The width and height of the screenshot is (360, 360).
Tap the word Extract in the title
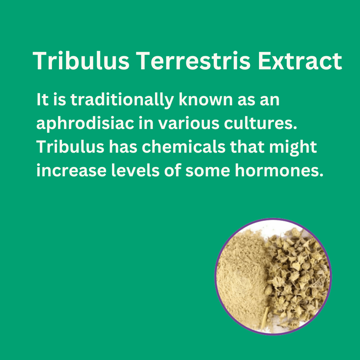[x=300, y=61]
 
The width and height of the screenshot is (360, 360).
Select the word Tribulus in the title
[x=81, y=61]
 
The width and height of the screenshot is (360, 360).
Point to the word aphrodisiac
[x=85, y=124]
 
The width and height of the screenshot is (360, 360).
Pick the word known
[x=206, y=100]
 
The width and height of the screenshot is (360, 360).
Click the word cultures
[x=261, y=123]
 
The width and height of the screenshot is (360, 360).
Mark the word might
[x=293, y=148]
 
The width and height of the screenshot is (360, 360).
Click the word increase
[x=71, y=171]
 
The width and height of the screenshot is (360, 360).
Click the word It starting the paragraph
[x=42, y=100]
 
